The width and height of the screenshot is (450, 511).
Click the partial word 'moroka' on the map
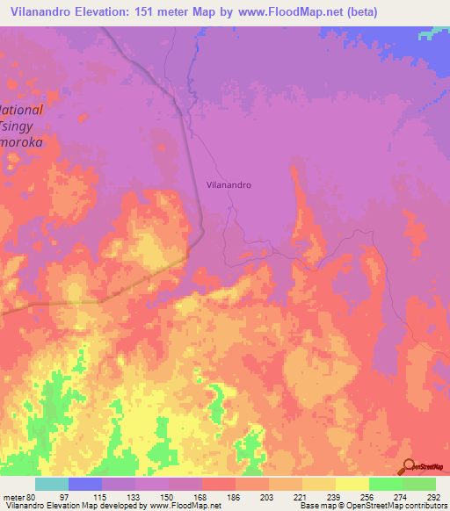pyautogui.click(x=28, y=140)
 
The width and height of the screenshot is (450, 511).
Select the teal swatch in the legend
pyautogui.click(x=52, y=484)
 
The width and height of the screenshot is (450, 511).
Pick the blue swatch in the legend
pyautogui.click(x=85, y=484)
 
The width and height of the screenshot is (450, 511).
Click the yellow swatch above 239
pyautogui.click(x=318, y=484)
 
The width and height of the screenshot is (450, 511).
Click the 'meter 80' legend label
pyautogui.click(x=18, y=496)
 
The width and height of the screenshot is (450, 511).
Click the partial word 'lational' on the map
pyautogui.click(x=21, y=110)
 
